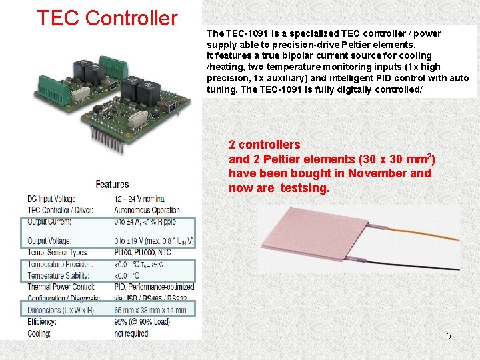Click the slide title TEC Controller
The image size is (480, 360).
coord(107,18)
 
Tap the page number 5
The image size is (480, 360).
coord(448,336)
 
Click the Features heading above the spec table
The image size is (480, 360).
coord(112,185)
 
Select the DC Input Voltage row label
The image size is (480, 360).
coord(53,199)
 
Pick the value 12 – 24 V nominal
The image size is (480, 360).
coord(140,199)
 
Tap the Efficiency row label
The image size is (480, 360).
coord(42,322)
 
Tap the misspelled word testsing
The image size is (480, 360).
coord(305,188)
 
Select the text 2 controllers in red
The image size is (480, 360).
coord(265,145)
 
